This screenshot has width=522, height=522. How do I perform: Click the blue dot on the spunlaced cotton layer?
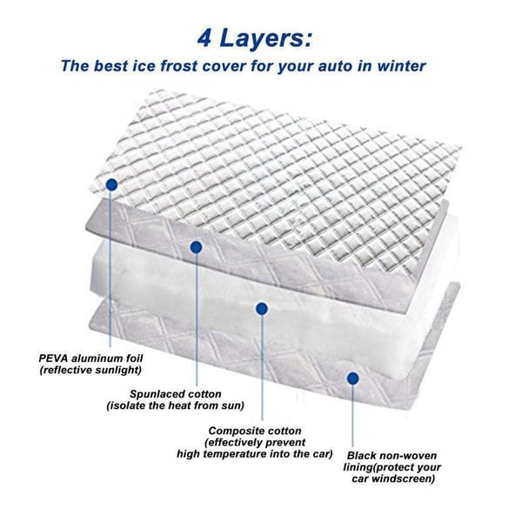click(x=196, y=247)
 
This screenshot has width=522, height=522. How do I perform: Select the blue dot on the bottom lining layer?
click(x=352, y=378)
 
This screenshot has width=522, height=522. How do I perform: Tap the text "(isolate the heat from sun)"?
click(x=177, y=406)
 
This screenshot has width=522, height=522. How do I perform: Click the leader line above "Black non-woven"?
click(x=352, y=418)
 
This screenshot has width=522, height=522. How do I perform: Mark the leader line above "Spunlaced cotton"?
click(x=196, y=322)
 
